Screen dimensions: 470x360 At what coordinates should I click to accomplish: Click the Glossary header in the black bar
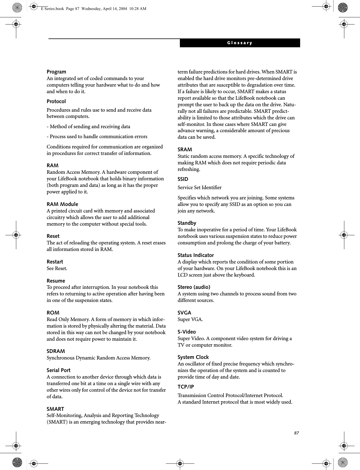[240, 43]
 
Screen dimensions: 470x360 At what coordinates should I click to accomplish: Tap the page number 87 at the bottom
[296, 433]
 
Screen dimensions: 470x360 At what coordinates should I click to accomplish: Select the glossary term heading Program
[56, 72]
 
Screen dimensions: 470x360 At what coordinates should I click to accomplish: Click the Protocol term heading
[56, 101]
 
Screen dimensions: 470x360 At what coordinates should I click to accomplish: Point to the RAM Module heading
[62, 204]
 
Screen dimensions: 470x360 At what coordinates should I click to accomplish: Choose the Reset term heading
[53, 236]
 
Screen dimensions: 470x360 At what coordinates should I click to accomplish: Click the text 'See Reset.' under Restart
[57, 268]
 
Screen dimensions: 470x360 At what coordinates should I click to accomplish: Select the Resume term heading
[56, 281]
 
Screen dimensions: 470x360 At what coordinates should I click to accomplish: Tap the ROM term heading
[53, 313]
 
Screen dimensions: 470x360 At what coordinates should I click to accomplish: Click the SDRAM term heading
[56, 351]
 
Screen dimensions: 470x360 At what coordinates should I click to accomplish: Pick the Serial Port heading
[58, 370]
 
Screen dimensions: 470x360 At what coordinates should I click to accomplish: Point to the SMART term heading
[55, 409]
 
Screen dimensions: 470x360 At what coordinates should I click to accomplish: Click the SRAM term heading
[185, 150]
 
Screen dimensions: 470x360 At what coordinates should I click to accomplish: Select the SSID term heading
[183, 179]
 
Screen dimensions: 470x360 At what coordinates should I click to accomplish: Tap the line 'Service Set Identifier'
[200, 187]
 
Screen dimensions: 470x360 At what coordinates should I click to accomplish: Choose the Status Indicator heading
[196, 255]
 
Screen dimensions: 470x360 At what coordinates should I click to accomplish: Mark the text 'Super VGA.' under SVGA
[190, 319]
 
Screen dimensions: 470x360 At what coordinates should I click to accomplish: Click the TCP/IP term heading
[186, 387]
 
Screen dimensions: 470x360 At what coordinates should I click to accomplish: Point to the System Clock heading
[193, 357]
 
